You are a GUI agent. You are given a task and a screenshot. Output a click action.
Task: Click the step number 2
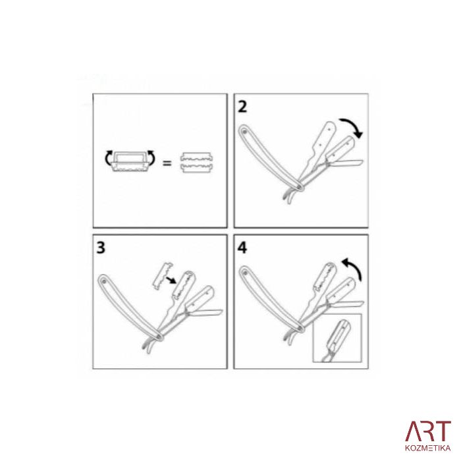pos(242,107)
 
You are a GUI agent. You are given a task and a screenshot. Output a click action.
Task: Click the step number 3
pos(101,248)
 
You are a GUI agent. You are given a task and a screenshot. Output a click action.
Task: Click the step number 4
pos(242,248)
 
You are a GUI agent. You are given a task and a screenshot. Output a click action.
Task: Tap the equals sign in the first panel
pos(167,163)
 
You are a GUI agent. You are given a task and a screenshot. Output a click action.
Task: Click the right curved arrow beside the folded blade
pos(151,157)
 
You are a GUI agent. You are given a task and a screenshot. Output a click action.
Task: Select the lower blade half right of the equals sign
pos(196,168)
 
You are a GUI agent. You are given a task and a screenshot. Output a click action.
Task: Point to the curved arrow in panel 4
pos(355,266)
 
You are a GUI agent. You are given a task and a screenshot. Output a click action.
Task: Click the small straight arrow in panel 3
pos(171,280)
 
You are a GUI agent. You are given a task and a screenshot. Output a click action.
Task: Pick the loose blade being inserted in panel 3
pos(163,275)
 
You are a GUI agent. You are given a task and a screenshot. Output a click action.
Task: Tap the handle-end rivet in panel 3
pos(104,281)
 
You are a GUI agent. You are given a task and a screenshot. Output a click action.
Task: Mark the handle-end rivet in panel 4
pos(245,273)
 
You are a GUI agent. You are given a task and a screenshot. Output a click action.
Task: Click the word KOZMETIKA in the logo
pos(428,448)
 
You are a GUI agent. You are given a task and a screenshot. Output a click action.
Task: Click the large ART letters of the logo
pos(428,431)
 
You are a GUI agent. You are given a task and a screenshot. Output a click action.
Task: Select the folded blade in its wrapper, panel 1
pos(130,161)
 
